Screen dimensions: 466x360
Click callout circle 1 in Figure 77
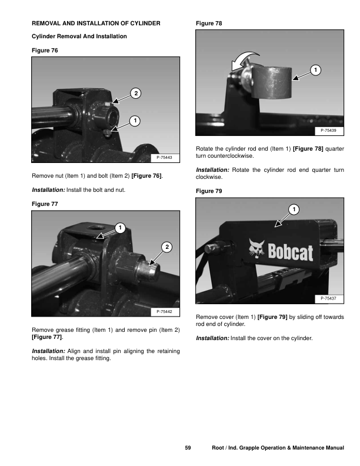coord(119,227)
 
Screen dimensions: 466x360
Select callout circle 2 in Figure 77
coord(167,248)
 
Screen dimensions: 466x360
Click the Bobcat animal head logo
coord(256,248)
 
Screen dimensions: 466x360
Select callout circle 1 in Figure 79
coord(294,210)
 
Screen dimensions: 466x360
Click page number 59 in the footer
coord(188,449)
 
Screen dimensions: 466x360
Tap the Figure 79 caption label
coord(208,191)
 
